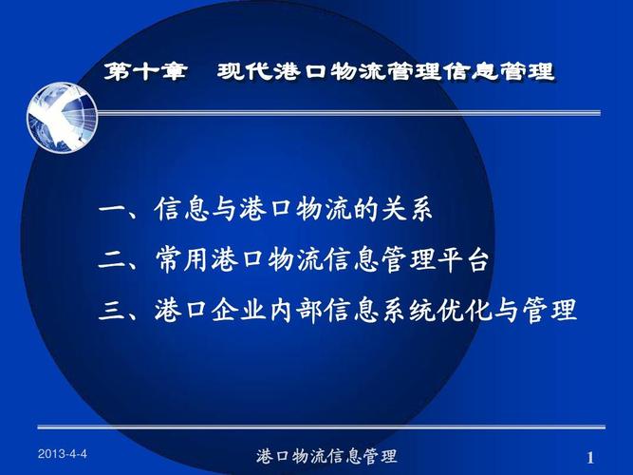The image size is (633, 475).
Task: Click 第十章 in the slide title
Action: click(145, 71)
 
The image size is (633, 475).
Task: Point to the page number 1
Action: click(590, 458)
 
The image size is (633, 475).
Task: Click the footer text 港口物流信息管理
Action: click(327, 457)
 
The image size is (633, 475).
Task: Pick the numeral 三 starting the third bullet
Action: click(111, 311)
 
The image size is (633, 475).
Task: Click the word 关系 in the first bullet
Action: click(414, 210)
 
